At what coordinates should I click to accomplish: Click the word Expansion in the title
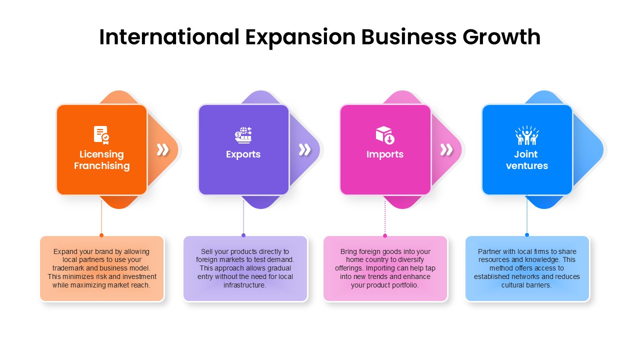[x=300, y=37]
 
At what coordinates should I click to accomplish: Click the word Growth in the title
[x=501, y=37]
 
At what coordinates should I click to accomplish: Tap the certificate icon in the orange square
[x=101, y=135]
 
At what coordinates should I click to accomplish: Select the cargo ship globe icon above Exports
[x=243, y=135]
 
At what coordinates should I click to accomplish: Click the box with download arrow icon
[x=385, y=135]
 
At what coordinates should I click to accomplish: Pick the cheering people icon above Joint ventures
[x=527, y=135]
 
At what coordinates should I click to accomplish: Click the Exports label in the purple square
[x=243, y=154]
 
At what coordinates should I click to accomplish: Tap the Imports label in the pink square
[x=385, y=154]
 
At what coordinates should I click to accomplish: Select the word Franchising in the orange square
[x=101, y=166]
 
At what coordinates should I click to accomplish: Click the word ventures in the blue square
[x=527, y=165]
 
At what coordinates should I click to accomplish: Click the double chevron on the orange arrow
[x=163, y=149]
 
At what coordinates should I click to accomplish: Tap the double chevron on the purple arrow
[x=304, y=149]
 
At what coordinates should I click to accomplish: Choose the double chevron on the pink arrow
[x=446, y=149]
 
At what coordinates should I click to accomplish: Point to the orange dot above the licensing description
[x=101, y=235]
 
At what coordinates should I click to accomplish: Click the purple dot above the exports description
[x=243, y=235]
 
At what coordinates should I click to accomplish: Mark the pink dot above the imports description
[x=385, y=235]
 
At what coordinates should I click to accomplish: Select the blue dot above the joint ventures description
[x=527, y=235]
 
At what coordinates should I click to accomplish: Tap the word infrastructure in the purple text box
[x=244, y=285]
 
